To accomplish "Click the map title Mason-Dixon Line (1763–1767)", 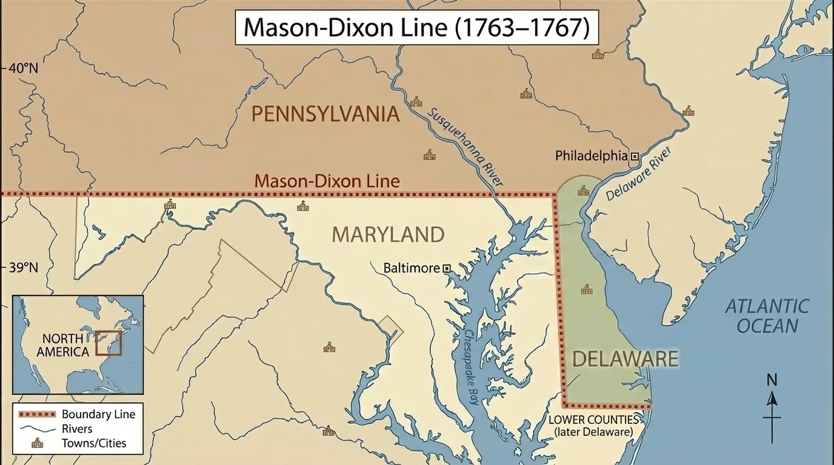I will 416,28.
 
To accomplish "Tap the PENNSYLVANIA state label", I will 325,114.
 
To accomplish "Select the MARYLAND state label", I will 388,234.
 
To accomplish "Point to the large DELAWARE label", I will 625,358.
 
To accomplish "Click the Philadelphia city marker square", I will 635,156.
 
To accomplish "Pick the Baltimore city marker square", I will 447,268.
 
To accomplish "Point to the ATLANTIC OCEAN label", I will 767,316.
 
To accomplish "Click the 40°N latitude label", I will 23,68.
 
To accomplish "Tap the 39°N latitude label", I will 23,268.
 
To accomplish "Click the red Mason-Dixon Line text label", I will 327,180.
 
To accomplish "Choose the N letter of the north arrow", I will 772,380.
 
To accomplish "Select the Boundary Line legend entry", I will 98,415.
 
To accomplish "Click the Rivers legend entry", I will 77,429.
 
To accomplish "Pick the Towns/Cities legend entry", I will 94,443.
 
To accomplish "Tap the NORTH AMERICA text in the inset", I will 62,345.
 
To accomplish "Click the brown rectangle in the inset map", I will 109,342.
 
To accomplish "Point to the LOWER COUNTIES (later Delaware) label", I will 594,426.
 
